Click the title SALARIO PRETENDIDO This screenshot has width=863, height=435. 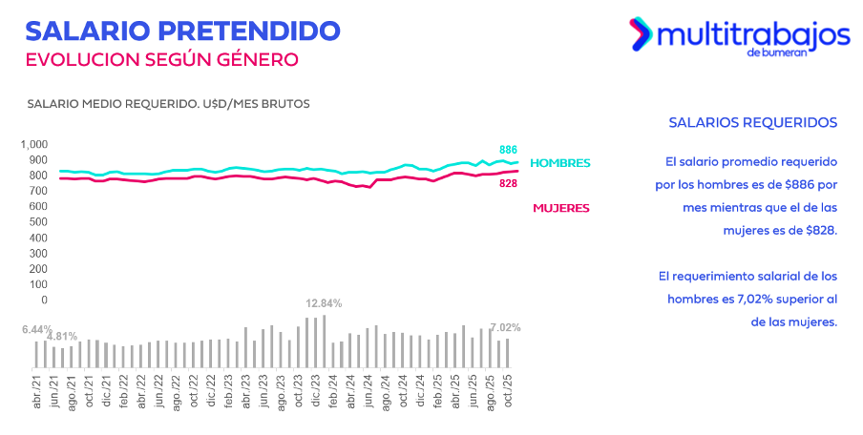(182, 30)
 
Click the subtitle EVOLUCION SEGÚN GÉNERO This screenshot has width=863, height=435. (161, 59)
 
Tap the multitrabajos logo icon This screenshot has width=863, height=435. (640, 34)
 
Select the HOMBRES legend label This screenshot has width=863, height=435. (559, 163)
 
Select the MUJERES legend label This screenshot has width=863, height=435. (560, 208)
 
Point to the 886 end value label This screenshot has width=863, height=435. (509, 150)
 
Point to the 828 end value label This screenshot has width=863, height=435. (509, 183)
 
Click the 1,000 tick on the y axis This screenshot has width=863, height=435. (34, 144)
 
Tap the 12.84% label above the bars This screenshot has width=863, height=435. (324, 303)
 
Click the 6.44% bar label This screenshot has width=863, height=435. (37, 329)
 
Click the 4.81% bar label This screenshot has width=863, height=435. (62, 337)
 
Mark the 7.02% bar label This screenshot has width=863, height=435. (505, 327)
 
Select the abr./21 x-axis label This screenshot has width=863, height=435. (36, 391)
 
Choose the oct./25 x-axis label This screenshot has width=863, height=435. (508, 391)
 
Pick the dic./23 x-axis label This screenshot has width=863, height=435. (316, 391)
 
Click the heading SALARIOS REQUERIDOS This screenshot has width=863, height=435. (753, 123)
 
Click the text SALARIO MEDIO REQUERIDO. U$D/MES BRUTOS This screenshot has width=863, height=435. (168, 103)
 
